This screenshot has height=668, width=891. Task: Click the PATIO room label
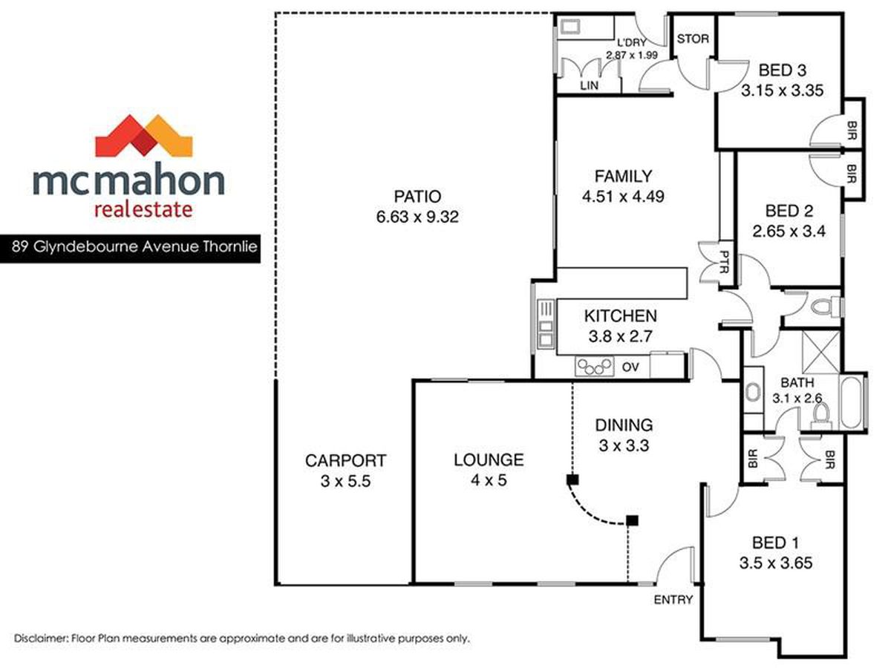click(x=417, y=197)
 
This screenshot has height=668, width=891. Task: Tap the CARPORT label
click(x=345, y=461)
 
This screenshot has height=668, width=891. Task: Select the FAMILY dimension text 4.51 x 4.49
click(x=623, y=197)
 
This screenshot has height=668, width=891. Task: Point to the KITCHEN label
click(x=620, y=316)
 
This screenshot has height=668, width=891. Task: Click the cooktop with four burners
click(x=594, y=367)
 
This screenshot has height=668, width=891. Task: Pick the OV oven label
click(x=630, y=367)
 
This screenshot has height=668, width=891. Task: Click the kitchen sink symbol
click(x=546, y=324)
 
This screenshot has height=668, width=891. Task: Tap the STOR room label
click(x=693, y=39)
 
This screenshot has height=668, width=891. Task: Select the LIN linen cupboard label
click(x=589, y=85)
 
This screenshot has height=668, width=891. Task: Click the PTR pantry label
click(x=724, y=261)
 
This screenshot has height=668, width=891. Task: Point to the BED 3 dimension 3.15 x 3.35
click(x=782, y=91)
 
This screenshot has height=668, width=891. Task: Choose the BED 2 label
click(x=789, y=211)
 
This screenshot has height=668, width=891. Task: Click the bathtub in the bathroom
click(x=852, y=402)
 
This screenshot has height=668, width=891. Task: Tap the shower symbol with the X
click(x=820, y=352)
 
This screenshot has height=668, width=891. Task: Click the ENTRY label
click(x=673, y=600)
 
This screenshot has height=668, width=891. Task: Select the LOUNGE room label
click(x=489, y=460)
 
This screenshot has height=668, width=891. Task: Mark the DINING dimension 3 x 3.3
click(x=624, y=446)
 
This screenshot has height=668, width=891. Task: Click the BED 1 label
click(x=776, y=543)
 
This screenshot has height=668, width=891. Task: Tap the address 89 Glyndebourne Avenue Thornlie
click(x=134, y=246)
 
